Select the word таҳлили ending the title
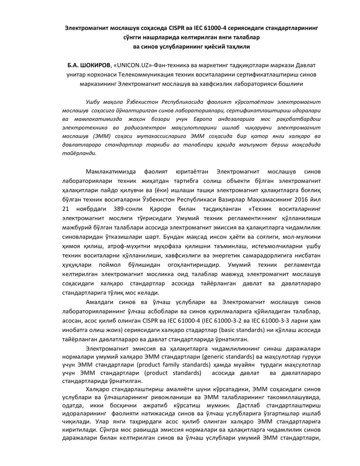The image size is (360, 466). [237, 46]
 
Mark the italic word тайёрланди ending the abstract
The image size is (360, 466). [79, 153]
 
